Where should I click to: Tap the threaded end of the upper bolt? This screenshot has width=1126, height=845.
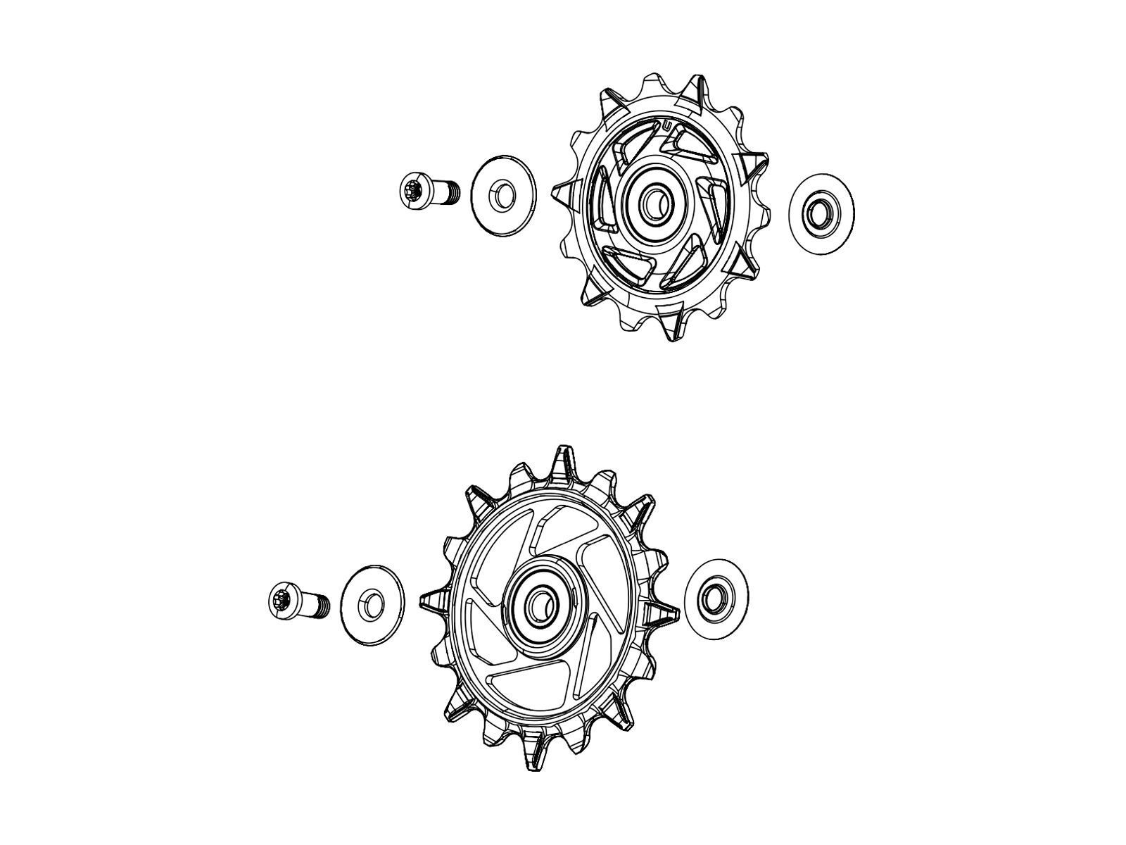click(x=450, y=192)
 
